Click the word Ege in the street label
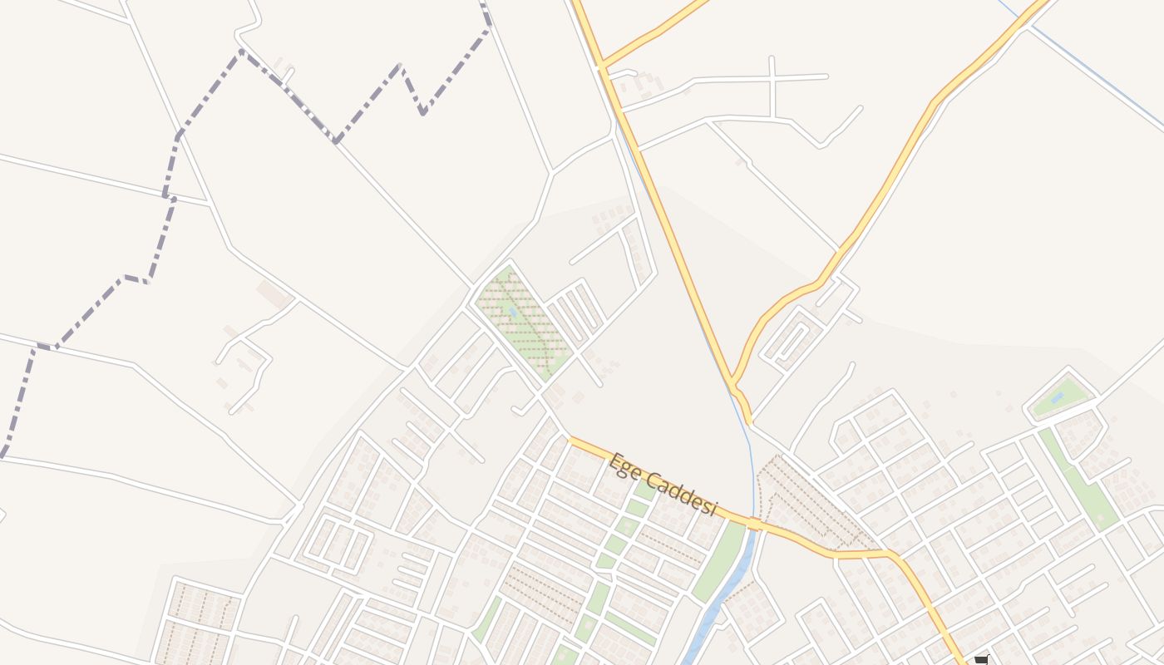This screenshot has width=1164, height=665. [x=624, y=466]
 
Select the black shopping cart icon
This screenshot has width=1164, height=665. [x=981, y=660]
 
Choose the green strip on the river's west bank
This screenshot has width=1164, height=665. [x=719, y=561]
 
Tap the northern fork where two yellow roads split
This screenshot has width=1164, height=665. [x=601, y=64]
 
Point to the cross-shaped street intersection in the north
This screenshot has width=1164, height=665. [x=772, y=79]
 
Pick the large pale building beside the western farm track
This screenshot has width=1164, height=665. [x=273, y=293]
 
